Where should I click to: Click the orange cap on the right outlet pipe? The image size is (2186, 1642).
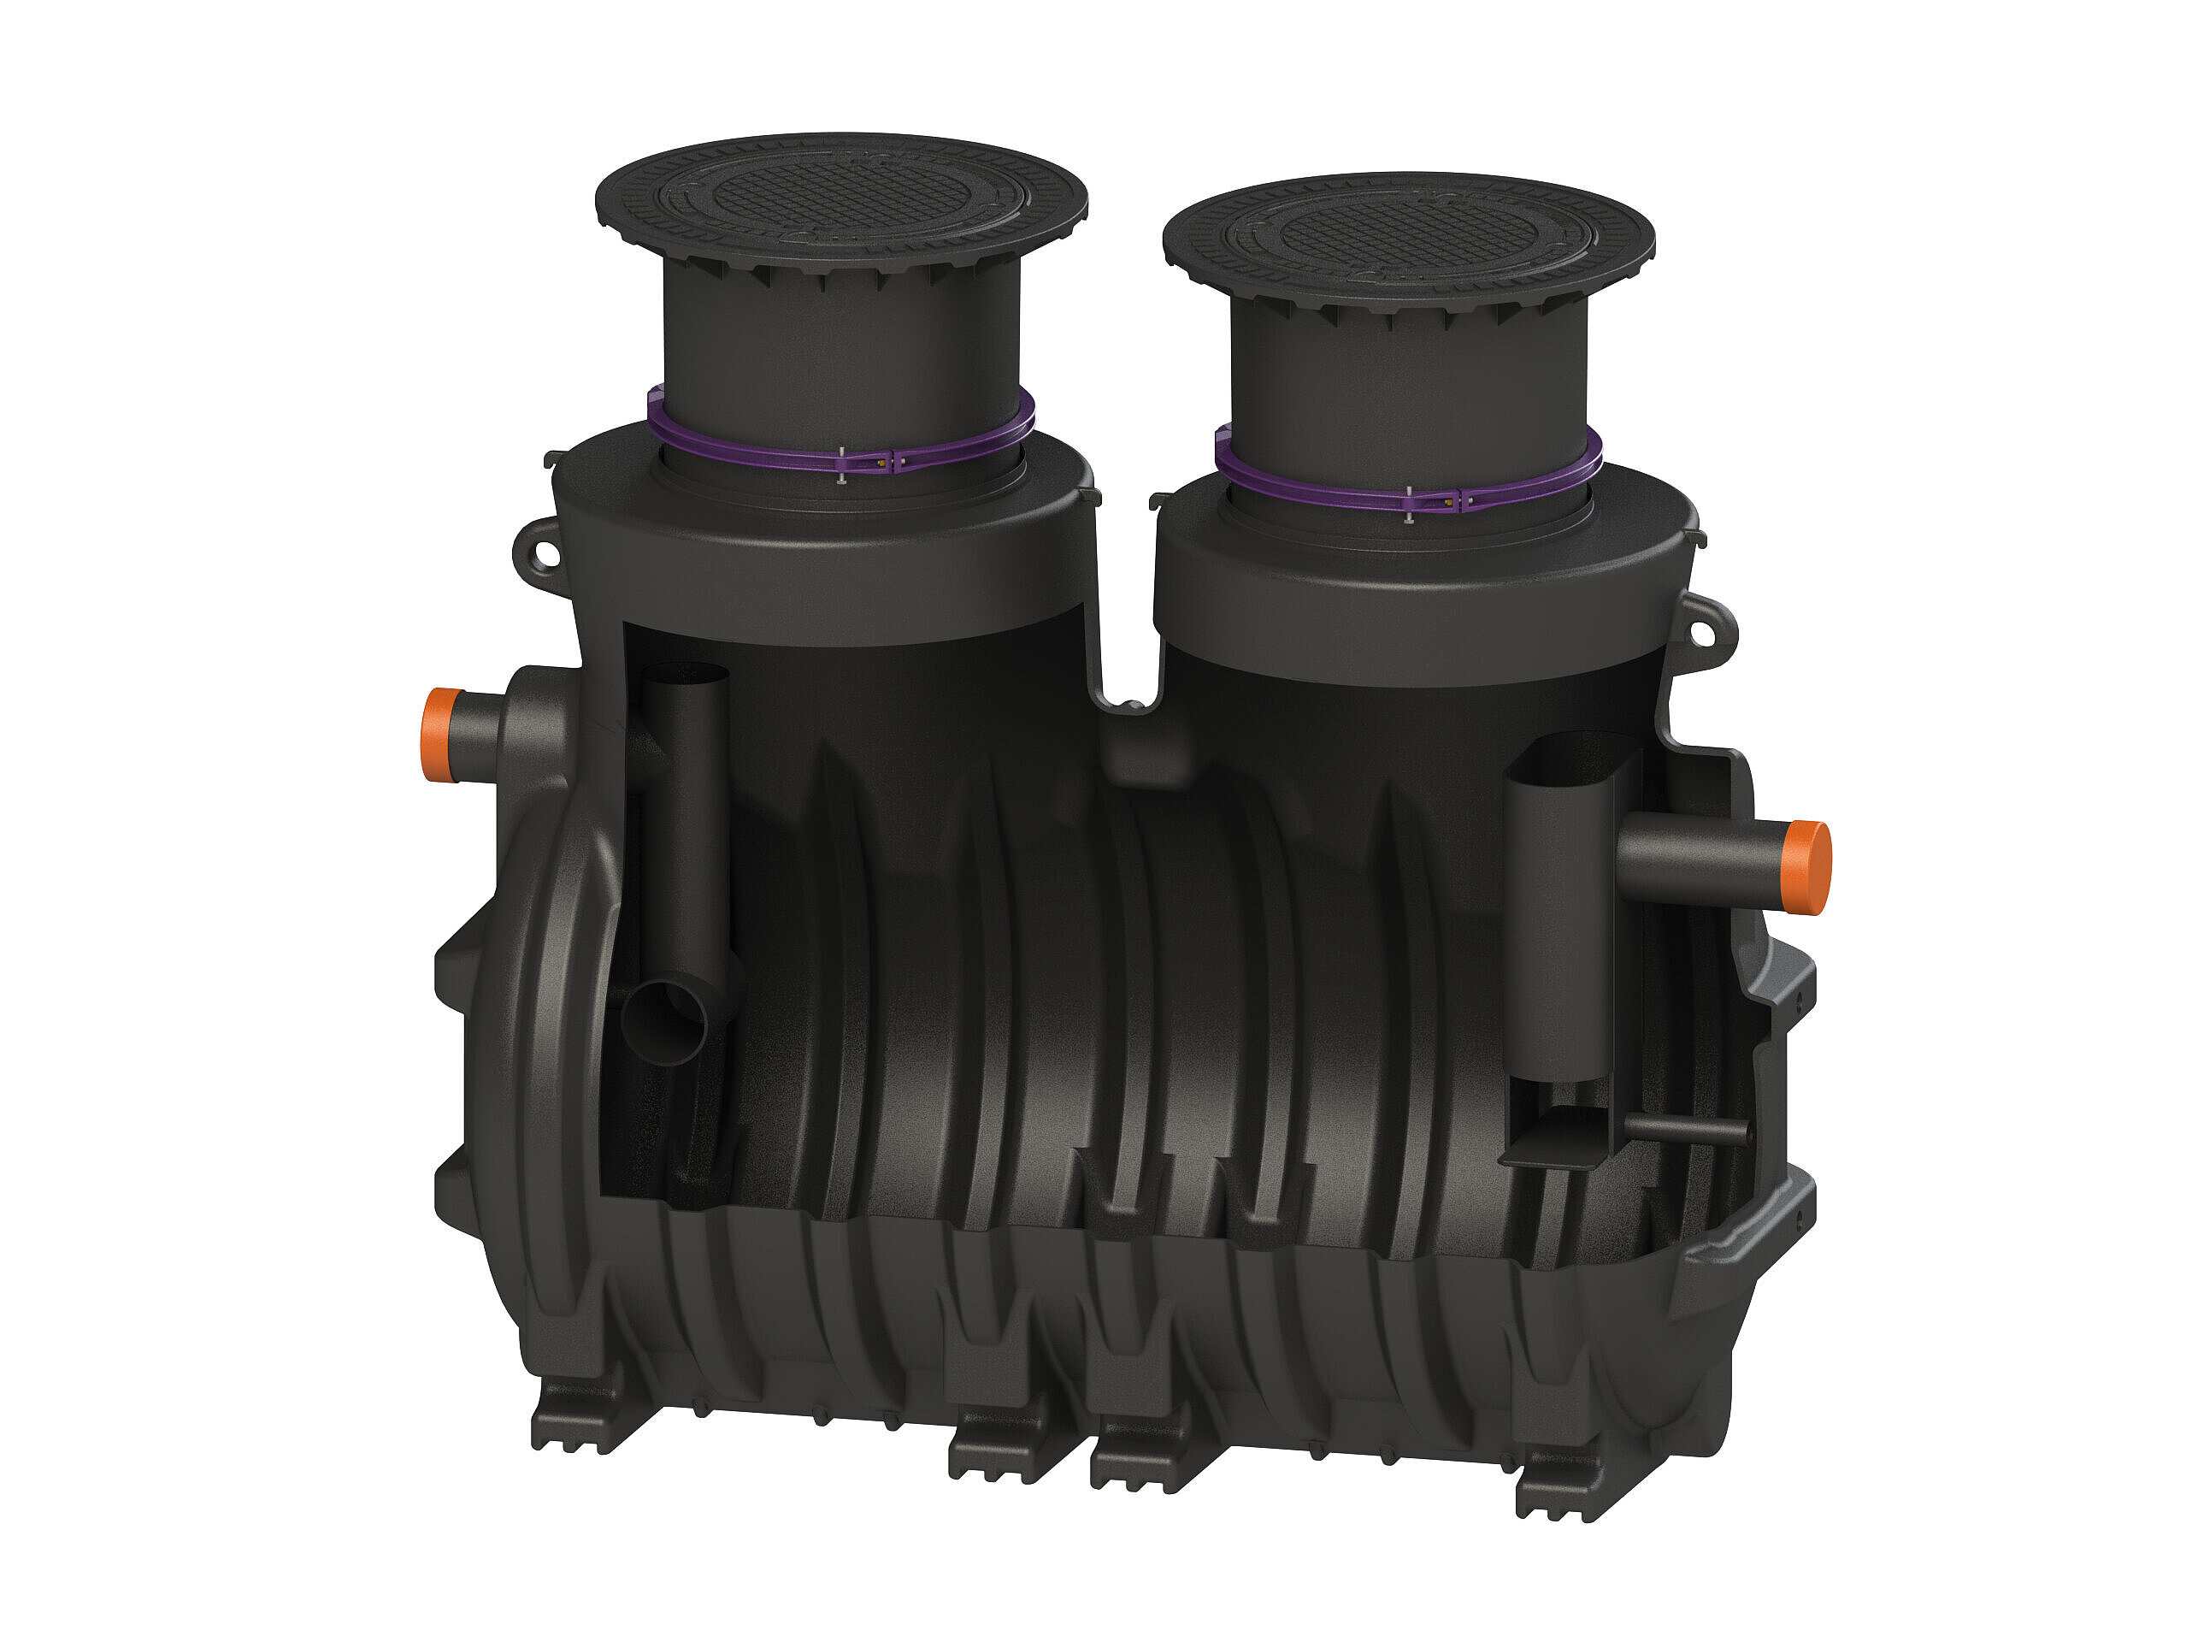coord(1808,867)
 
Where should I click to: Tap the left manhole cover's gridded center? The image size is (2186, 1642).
coord(842,192)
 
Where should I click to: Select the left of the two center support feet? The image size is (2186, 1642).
coord(999,1448)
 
